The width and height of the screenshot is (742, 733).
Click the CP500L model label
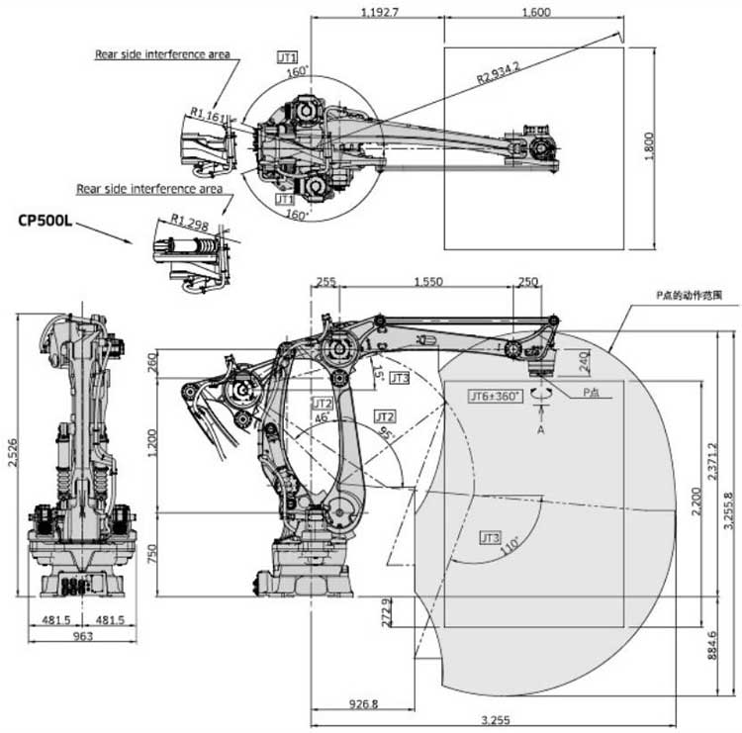45,219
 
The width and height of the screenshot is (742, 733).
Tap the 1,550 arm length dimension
427,282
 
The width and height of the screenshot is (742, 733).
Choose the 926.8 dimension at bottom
363,704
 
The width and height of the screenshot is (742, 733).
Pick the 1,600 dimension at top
534,13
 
